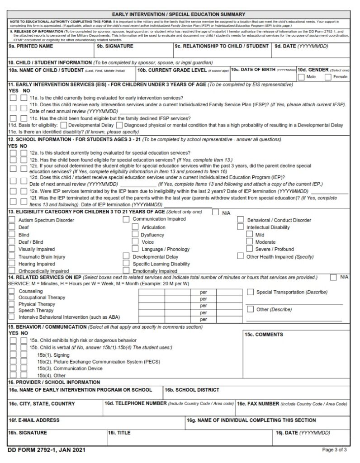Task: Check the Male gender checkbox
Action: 301,77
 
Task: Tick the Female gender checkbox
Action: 328,77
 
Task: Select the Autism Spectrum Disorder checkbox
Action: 12,220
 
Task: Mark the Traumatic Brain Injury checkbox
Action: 12,256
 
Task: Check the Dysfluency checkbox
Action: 135,235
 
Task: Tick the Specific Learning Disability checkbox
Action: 126,264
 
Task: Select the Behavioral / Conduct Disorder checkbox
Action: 241,220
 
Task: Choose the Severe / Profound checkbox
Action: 249,249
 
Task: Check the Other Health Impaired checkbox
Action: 241,256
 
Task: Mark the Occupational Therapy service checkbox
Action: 12,298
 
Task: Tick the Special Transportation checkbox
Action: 250,292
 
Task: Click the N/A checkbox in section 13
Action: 215,212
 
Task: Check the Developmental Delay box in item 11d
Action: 63,125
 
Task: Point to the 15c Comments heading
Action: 264,335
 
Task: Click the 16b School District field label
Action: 192,390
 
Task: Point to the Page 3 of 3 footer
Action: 334,450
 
